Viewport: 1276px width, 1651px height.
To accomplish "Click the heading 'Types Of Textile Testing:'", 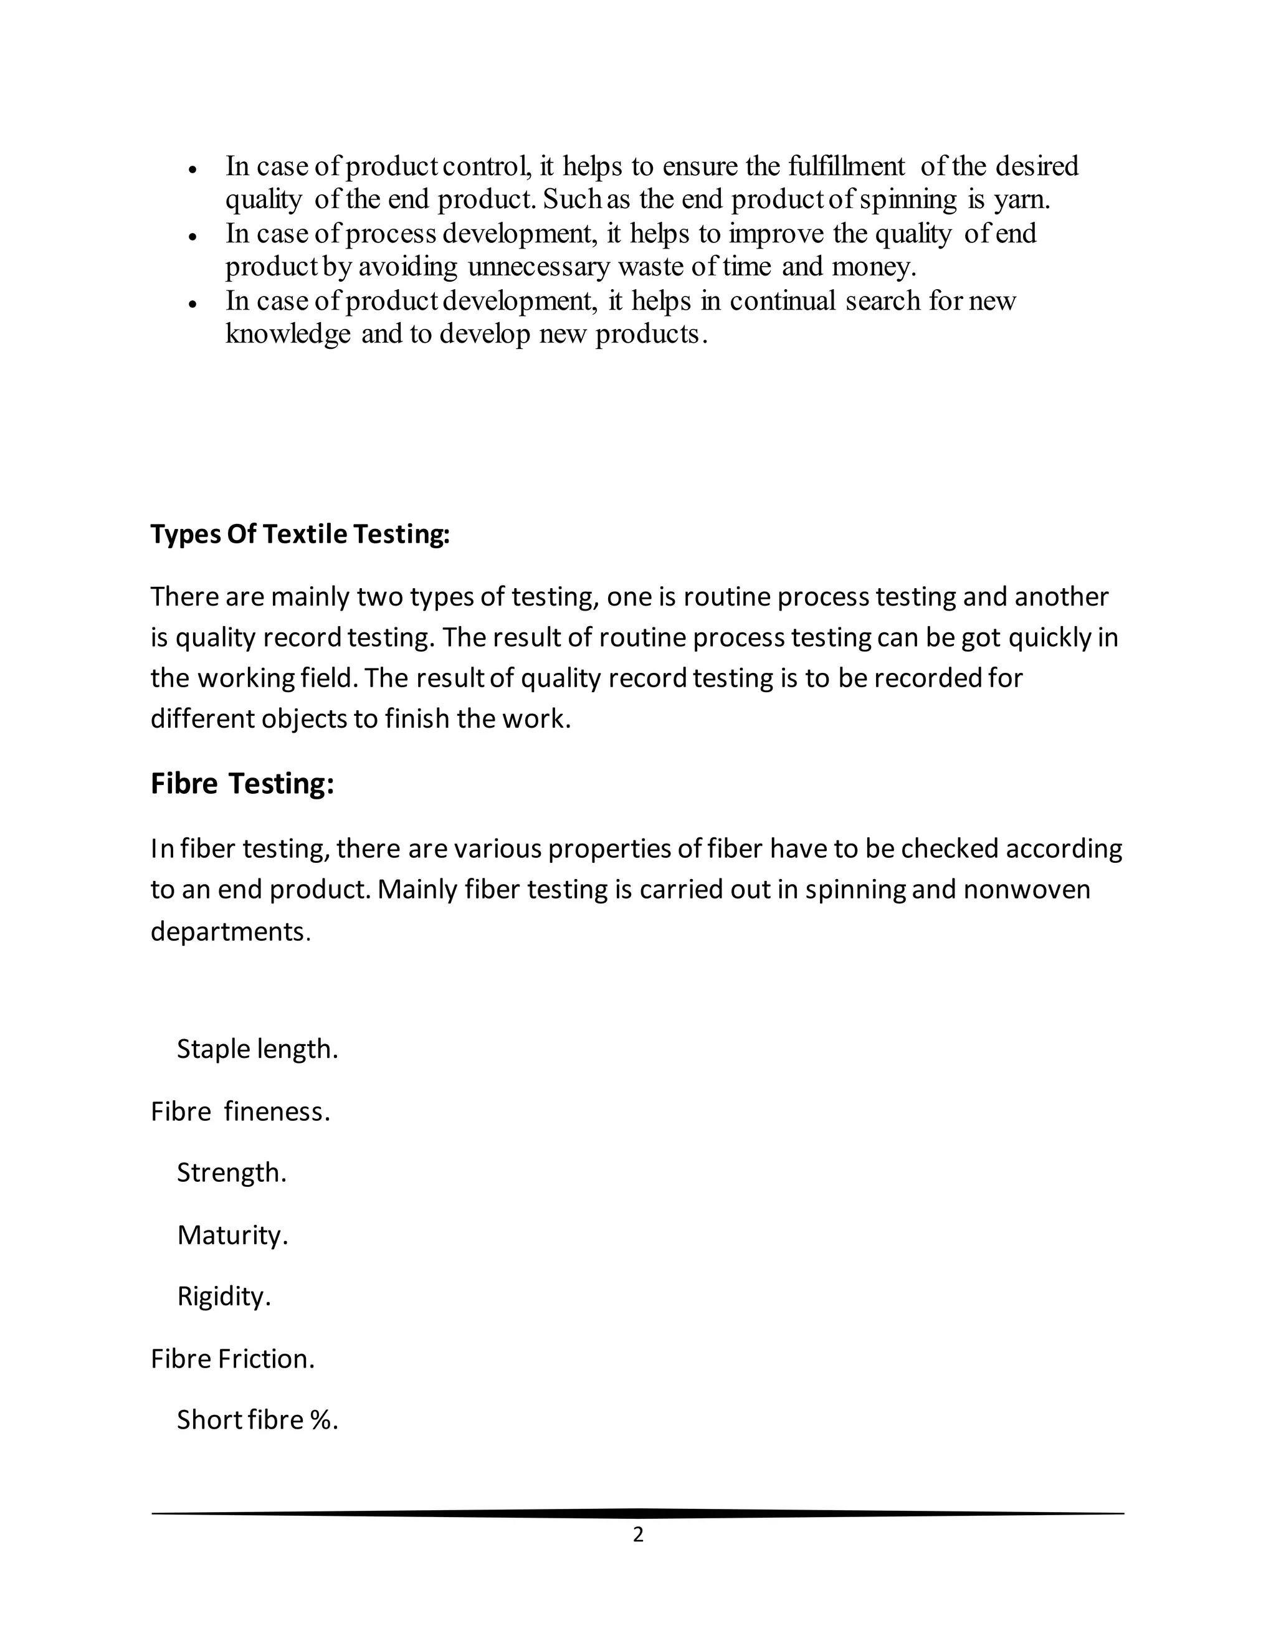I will click(x=300, y=535).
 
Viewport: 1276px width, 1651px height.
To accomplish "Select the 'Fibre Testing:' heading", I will click(x=242, y=783).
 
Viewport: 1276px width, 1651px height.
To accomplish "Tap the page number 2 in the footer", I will click(x=638, y=1535).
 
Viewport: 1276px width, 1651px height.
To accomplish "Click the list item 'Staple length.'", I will click(x=257, y=1049).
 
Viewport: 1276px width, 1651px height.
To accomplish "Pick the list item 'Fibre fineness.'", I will click(x=240, y=1111).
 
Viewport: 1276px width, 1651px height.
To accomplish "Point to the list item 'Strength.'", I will click(x=231, y=1173).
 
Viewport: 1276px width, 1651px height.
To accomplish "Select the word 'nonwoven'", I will click(x=1027, y=889).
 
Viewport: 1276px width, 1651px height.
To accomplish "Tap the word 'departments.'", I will click(x=231, y=931).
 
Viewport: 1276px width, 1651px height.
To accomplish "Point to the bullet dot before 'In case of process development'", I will click(x=194, y=237).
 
